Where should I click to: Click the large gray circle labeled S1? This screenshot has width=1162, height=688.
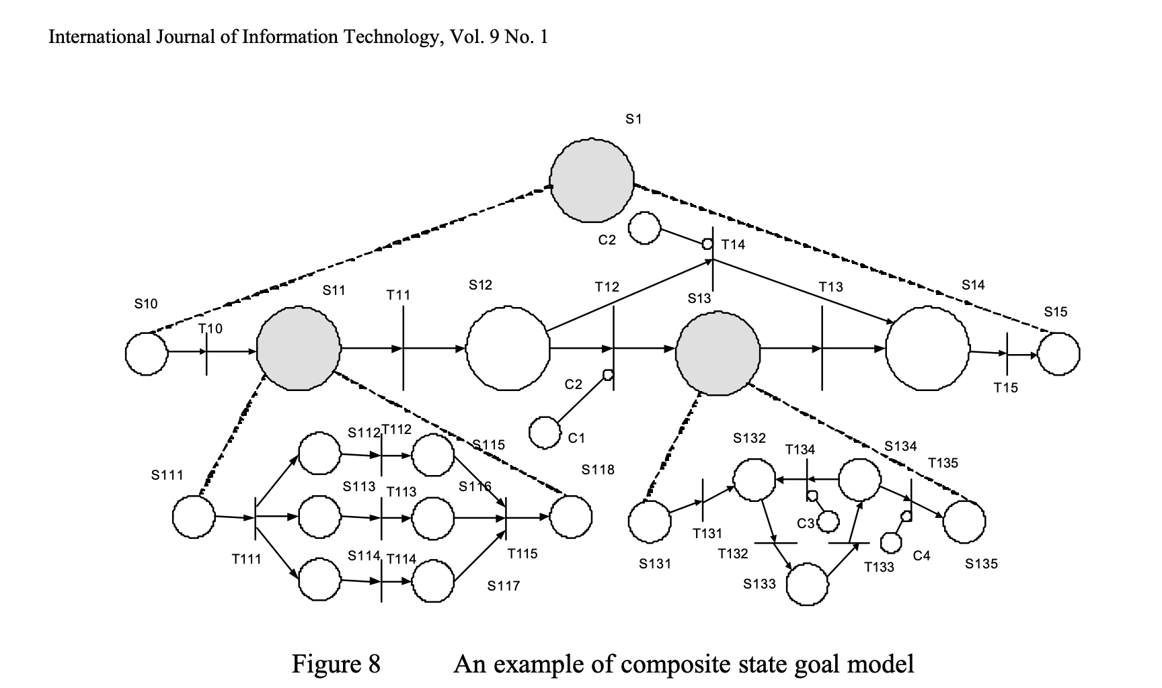click(x=591, y=181)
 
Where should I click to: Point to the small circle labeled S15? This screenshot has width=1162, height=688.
click(x=1058, y=353)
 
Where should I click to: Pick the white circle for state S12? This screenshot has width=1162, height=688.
click(x=508, y=349)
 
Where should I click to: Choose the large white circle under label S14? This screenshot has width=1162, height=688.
click(x=927, y=349)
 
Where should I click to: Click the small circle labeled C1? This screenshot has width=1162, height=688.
click(x=545, y=432)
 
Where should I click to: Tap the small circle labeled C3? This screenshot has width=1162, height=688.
click(x=828, y=521)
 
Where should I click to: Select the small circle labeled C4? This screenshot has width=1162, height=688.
click(x=890, y=542)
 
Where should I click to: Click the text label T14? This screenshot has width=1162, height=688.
click(x=733, y=245)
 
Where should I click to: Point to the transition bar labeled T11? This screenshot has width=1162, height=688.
click(x=403, y=347)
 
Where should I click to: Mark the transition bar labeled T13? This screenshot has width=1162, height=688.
click(x=822, y=347)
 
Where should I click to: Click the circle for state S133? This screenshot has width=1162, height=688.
click(x=807, y=585)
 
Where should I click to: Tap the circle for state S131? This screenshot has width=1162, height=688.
click(x=650, y=521)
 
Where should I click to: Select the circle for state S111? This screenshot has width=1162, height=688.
click(x=194, y=517)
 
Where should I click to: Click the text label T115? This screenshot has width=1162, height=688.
click(x=522, y=554)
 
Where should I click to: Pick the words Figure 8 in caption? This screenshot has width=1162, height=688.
click(x=336, y=664)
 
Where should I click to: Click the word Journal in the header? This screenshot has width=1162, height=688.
click(x=181, y=36)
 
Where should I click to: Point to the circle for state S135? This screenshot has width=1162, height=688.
click(x=964, y=521)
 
